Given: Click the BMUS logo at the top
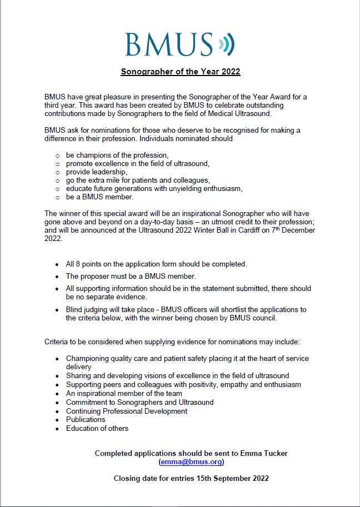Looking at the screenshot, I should click(169, 44).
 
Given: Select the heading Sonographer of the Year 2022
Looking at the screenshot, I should click(181, 72).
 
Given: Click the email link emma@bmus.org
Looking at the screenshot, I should click(192, 461).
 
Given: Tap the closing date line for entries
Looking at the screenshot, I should click(192, 478).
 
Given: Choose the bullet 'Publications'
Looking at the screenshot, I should click(86, 420).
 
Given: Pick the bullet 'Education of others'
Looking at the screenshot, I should click(97, 428).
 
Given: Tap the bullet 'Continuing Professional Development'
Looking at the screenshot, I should click(127, 411).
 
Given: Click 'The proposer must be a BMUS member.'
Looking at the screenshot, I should click(131, 276).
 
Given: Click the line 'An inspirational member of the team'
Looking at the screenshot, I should click(124, 393).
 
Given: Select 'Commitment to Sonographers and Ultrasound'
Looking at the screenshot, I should click(139, 402).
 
